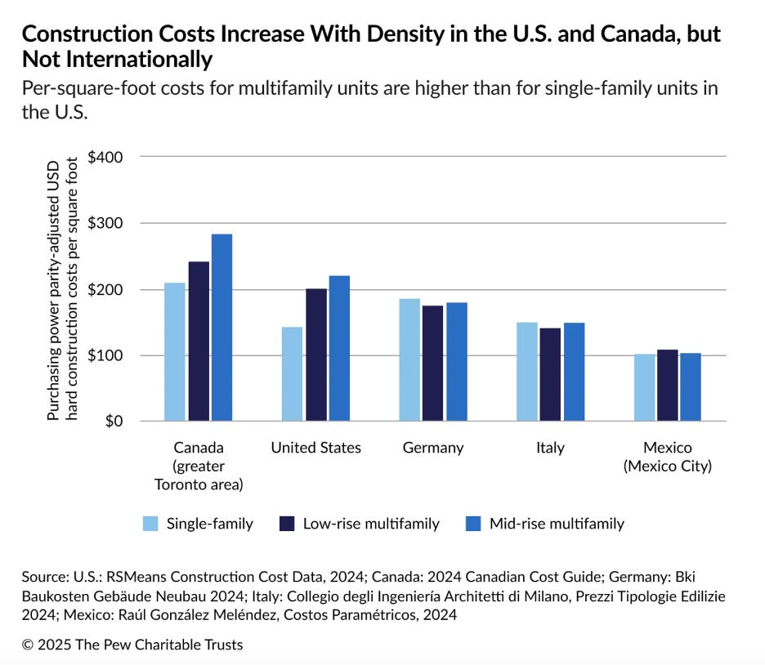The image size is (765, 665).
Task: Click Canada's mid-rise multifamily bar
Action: [x=221, y=328]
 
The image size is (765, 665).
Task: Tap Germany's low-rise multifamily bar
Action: [x=433, y=364]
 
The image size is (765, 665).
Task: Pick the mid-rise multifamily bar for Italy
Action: [x=574, y=372]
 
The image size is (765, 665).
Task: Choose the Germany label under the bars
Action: [x=433, y=448]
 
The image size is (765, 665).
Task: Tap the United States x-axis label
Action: [x=315, y=448]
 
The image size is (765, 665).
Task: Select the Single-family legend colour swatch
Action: [x=151, y=524]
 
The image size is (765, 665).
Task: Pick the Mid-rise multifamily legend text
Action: [x=557, y=524]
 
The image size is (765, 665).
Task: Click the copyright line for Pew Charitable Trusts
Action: [x=132, y=645]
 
